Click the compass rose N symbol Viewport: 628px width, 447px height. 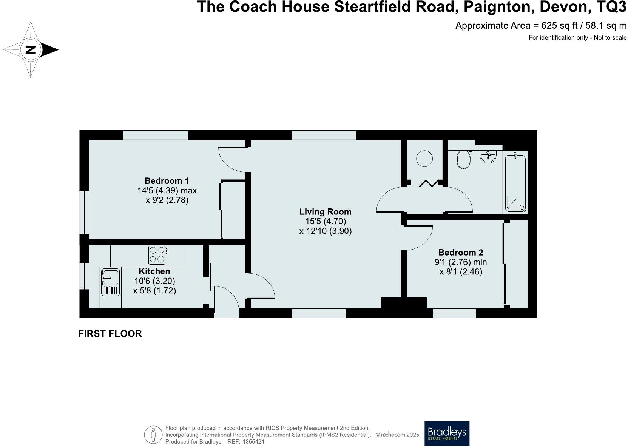pos(31,49)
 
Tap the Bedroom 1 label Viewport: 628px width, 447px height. pos(167,181)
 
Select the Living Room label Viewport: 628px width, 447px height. pos(325,212)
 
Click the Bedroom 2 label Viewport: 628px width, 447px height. pos(460,253)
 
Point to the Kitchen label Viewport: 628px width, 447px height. pos(154,271)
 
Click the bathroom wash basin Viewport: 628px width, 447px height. pos(489,156)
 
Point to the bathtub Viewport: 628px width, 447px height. pos(515,182)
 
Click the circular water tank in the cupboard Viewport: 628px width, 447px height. pos(424,159)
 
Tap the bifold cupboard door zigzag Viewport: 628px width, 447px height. pos(429,183)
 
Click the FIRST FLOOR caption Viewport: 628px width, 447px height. pos(110,334)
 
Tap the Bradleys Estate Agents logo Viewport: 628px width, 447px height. pos(447,433)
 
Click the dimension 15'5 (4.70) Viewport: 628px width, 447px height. pos(326,222)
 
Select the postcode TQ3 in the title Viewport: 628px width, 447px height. pos(609,7)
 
